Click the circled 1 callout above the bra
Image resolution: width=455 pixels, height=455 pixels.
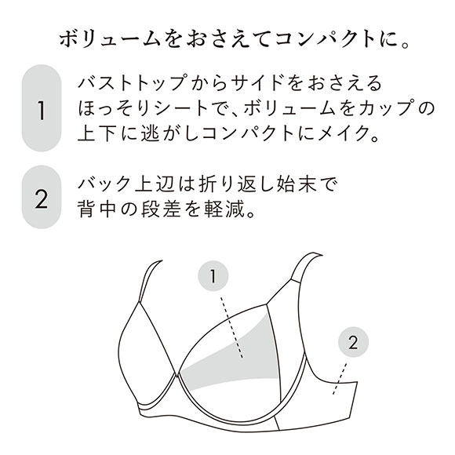click(213, 276)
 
